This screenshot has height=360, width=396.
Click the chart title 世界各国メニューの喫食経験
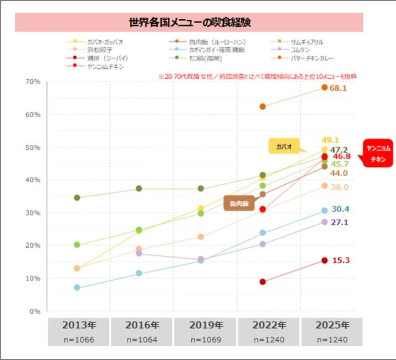[190, 23]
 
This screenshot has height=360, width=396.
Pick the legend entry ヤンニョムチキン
[105, 66]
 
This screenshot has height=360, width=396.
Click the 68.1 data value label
[338, 88]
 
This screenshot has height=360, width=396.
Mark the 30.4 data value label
[339, 209]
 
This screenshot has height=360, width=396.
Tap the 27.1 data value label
[339, 222]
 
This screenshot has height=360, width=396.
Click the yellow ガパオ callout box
[284, 146]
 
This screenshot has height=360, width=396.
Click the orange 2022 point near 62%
[263, 106]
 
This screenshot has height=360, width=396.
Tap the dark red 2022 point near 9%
[263, 282]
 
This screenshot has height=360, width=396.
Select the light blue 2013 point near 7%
[77, 287]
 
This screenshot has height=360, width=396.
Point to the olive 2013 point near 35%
[77, 198]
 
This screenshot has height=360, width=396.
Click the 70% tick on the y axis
[32, 82]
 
